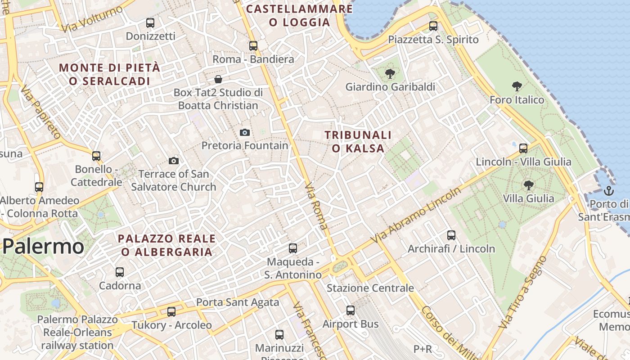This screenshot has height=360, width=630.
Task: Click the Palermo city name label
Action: coord(43,247)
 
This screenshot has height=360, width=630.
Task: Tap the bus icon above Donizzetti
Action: coord(150,22)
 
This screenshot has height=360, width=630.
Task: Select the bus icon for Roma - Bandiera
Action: coord(253,45)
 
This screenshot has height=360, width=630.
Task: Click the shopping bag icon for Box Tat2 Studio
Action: coord(218,79)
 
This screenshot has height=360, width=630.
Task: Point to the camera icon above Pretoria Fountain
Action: coord(245,132)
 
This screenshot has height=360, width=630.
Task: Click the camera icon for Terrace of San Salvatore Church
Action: coord(174,161)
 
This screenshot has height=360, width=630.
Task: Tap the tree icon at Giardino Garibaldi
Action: coord(390,73)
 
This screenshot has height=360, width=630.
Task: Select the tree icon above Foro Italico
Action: coord(517,86)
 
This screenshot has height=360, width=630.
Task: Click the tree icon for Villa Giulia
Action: coord(529,184)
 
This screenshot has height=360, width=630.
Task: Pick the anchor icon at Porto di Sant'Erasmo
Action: coord(608,190)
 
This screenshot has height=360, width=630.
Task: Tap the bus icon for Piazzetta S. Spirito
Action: coord(433,26)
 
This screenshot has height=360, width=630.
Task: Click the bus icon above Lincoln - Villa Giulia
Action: coord(523,148)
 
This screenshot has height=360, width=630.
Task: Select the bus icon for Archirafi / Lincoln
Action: coord(451,235)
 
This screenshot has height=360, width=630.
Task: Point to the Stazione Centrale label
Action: coord(370,288)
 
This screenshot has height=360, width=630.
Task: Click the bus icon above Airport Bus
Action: coord(351,310)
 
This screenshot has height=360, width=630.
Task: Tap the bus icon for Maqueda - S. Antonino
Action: coord(293,248)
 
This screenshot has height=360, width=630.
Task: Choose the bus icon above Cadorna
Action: coord(120,272)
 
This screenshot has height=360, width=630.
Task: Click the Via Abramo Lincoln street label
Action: coord(416,215)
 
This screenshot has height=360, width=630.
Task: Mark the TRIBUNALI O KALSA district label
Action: coord(358,141)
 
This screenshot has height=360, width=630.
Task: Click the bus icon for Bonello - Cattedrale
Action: coord(96,156)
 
